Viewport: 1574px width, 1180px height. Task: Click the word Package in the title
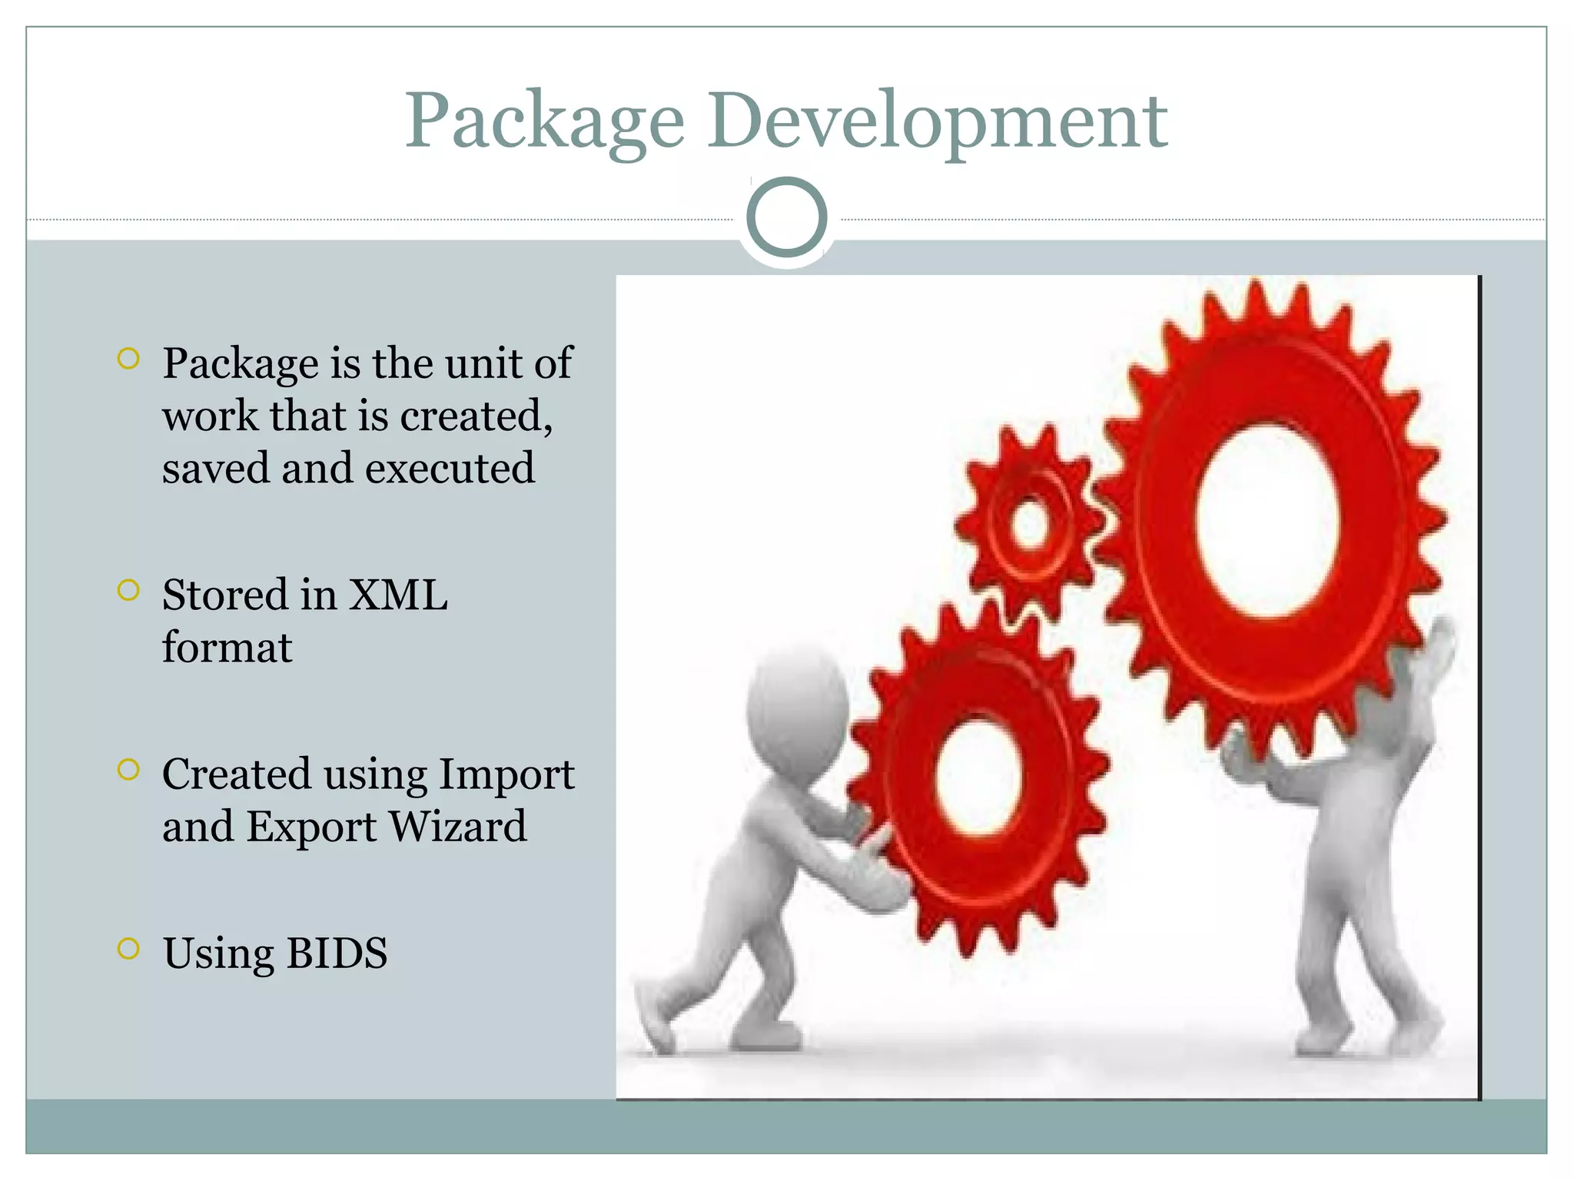coord(544,121)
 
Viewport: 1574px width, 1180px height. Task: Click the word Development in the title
coord(938,121)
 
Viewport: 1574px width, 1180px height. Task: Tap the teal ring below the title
coord(786,217)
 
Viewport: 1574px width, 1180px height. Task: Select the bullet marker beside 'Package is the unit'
coord(128,359)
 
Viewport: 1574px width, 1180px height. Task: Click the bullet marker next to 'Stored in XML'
coord(128,590)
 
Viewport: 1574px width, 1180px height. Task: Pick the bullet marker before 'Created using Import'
coord(128,770)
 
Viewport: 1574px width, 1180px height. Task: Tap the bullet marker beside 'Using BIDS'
coord(128,949)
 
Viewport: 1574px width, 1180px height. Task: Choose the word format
coord(227,648)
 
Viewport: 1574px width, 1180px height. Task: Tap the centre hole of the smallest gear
coord(1030,525)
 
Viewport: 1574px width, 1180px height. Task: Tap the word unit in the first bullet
coord(484,363)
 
